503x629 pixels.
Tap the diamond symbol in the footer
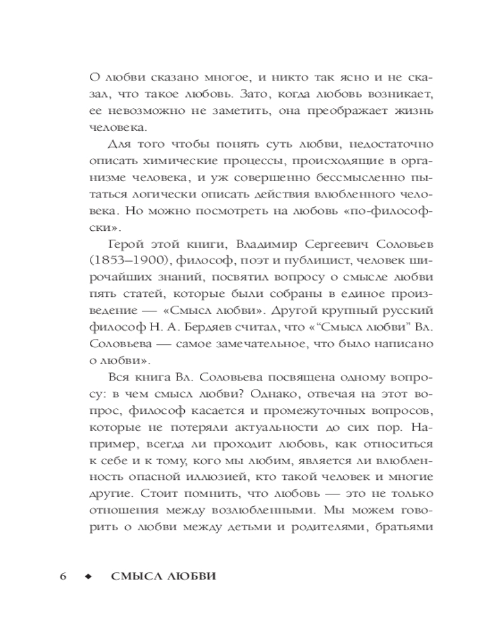point(87,578)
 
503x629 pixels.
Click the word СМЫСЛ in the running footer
point(133,578)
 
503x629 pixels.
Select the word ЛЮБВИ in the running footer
point(186,578)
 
